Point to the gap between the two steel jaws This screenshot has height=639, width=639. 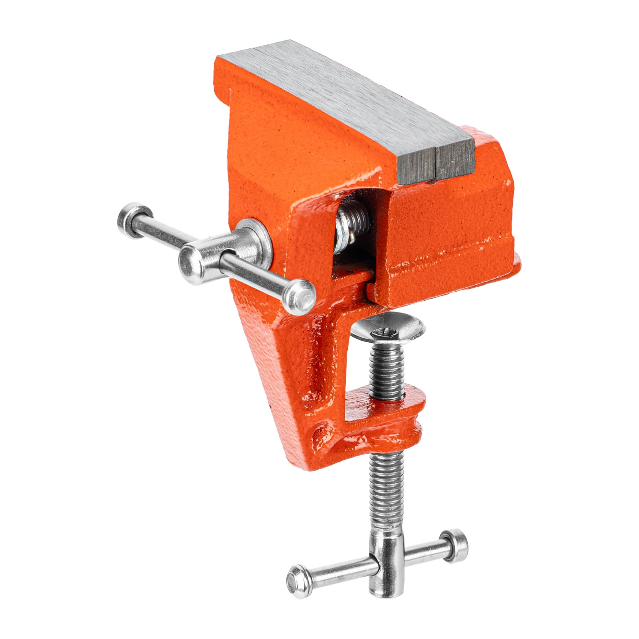coord(435,160)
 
